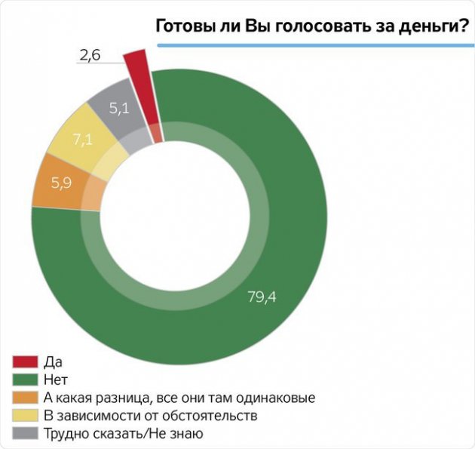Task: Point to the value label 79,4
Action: [262, 297]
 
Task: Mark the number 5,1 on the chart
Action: [119, 109]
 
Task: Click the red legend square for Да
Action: [22, 361]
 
